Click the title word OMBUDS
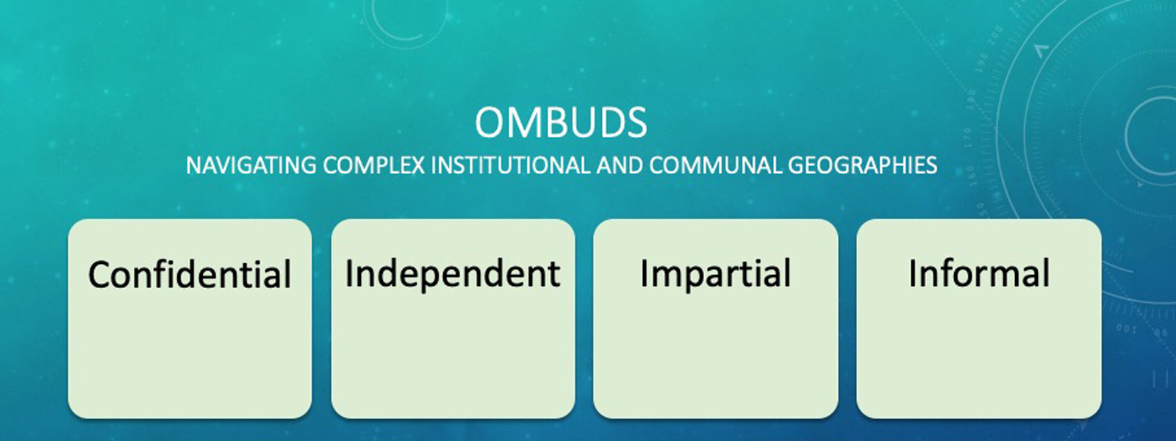click(561, 123)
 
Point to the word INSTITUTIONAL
click(510, 165)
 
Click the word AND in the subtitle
click(619, 165)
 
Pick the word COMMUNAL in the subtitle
click(714, 165)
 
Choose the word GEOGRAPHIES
click(862, 165)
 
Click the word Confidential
click(190, 275)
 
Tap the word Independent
click(453, 273)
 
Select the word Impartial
click(715, 274)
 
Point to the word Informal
click(979, 273)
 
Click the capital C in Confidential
click(100, 275)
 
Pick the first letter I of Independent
click(350, 273)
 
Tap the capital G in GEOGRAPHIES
click(797, 165)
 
